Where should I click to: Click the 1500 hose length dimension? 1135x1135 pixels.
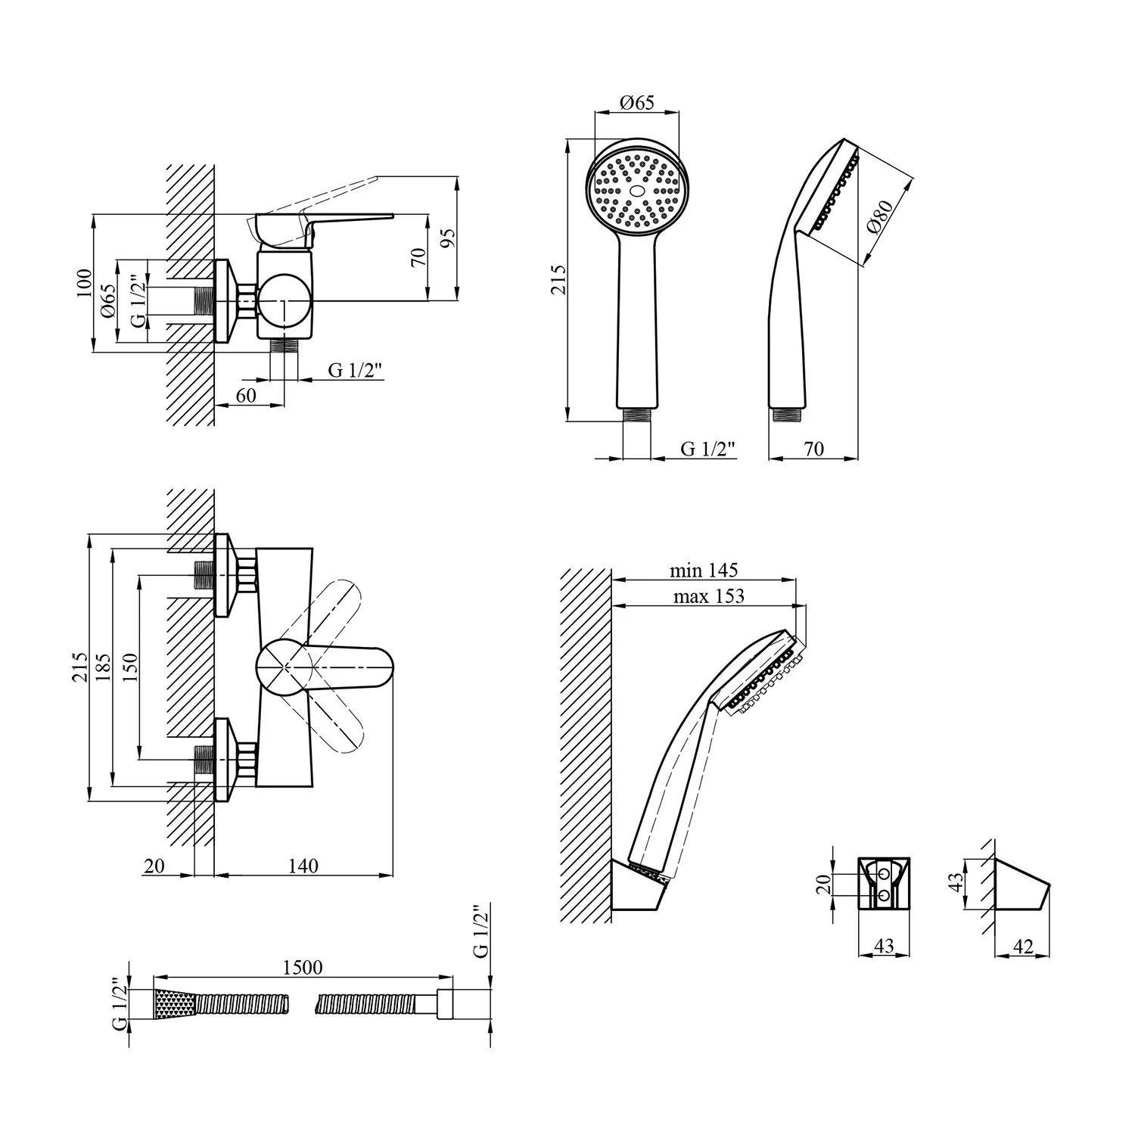pyautogui.click(x=302, y=967)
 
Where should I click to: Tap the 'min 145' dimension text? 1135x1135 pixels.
pyautogui.click(x=703, y=570)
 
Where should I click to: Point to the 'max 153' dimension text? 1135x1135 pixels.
pyautogui.click(x=708, y=596)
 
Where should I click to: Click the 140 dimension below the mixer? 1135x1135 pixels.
pyautogui.click(x=303, y=865)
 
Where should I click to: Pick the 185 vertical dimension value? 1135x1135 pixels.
pyautogui.click(x=104, y=668)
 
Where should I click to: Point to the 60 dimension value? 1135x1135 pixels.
pyautogui.click(x=246, y=395)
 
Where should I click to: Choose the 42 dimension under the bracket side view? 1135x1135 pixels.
pyautogui.click(x=1023, y=947)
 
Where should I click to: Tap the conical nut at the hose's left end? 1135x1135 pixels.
pyautogui.click(x=175, y=1004)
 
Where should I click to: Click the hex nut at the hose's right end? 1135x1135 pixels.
pyautogui.click(x=443, y=1004)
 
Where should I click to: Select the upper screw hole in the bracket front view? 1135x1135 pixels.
pyautogui.click(x=885, y=875)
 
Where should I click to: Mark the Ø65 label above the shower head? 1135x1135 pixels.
pyautogui.click(x=636, y=103)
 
